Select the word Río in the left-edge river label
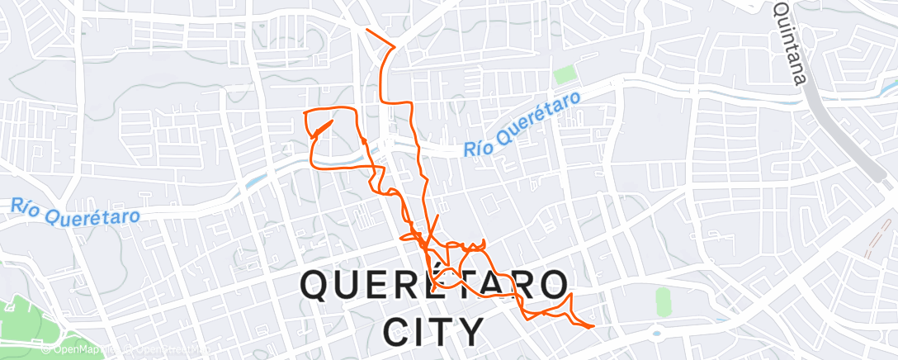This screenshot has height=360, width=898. click(26, 203)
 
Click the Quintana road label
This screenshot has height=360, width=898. click(789, 43)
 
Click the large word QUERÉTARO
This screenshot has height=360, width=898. click(434, 287)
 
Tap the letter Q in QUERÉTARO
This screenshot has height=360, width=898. click(319, 287)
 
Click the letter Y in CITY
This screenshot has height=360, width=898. click(470, 332)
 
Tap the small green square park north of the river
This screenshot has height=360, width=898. click(565, 74)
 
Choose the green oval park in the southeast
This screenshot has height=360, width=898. click(663, 301)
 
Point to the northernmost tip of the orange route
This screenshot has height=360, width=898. click(366, 31)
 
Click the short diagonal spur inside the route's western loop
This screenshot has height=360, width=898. click(323, 129)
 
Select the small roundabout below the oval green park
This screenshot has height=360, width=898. click(658, 334)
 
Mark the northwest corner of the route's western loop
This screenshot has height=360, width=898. click(306, 111)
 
